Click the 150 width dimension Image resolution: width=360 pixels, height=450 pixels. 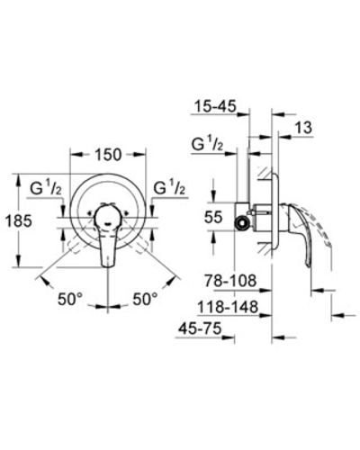(x=108, y=155)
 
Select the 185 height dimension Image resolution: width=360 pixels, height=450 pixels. (x=19, y=221)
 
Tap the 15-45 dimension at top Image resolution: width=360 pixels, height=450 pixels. (x=215, y=106)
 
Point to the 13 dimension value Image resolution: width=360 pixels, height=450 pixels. (x=303, y=128)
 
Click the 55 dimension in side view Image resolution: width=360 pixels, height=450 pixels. (x=213, y=217)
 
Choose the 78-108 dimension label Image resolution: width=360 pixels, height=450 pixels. (x=230, y=281)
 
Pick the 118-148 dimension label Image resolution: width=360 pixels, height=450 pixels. (x=228, y=307)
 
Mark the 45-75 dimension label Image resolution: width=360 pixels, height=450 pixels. (x=200, y=328)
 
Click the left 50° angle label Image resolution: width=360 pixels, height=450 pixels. (x=70, y=299)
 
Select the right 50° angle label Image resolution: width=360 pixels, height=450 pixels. (x=145, y=299)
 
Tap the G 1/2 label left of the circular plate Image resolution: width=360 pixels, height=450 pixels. (x=46, y=188)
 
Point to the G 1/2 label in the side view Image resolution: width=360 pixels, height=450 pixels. (x=208, y=144)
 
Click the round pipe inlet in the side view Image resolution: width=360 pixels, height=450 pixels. (x=241, y=223)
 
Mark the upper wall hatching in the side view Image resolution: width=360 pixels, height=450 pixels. (x=265, y=174)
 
